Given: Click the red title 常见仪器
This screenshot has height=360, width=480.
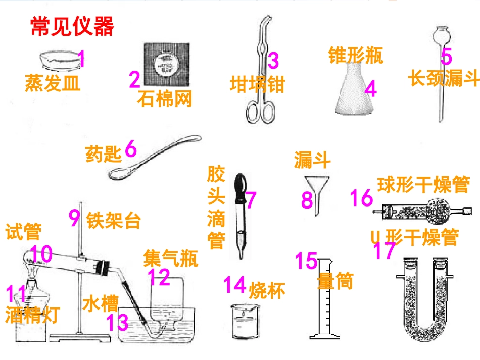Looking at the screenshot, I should tap(72, 26).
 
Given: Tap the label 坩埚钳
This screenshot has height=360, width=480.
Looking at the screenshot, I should tap(258, 84).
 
